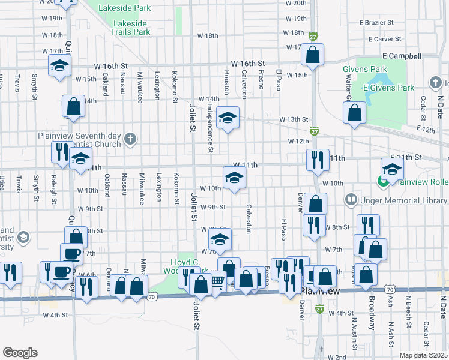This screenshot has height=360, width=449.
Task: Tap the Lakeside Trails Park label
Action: tap(130, 28)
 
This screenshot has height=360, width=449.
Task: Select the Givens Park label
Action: tap(365, 69)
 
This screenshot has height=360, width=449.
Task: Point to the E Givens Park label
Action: tap(388, 88)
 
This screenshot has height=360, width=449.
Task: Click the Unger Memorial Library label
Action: tap(396, 198)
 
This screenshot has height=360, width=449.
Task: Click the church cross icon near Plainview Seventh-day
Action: tap(129, 140)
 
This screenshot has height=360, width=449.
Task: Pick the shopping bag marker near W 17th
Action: tap(313, 55)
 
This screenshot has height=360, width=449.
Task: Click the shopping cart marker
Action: tap(217, 281)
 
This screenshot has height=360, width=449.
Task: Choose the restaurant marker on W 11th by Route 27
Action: tap(317, 159)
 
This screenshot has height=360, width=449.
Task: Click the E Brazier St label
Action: tap(376, 22)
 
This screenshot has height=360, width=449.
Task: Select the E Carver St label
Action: tap(384, 39)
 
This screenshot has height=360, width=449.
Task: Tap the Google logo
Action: tap(19, 353)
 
